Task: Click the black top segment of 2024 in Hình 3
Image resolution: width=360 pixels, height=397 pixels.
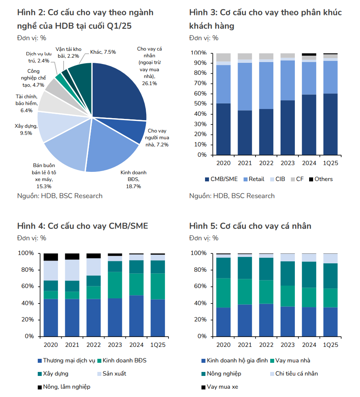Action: click(309, 54)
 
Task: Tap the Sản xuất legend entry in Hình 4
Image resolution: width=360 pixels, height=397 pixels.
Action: click(114, 374)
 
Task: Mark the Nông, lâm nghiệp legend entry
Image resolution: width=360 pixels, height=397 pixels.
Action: click(66, 387)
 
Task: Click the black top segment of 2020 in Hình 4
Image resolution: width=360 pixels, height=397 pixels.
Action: click(50, 257)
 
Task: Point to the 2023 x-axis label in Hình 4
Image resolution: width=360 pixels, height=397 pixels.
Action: click(115, 344)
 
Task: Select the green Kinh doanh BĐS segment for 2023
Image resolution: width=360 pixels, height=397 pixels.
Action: click(115, 285)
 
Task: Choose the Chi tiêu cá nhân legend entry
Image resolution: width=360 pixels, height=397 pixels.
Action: click(296, 374)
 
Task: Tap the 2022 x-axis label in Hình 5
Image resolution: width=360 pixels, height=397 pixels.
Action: click(266, 344)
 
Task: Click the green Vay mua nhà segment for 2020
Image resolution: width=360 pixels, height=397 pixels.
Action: click(223, 293)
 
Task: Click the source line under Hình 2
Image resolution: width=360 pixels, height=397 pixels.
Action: click(60, 196)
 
